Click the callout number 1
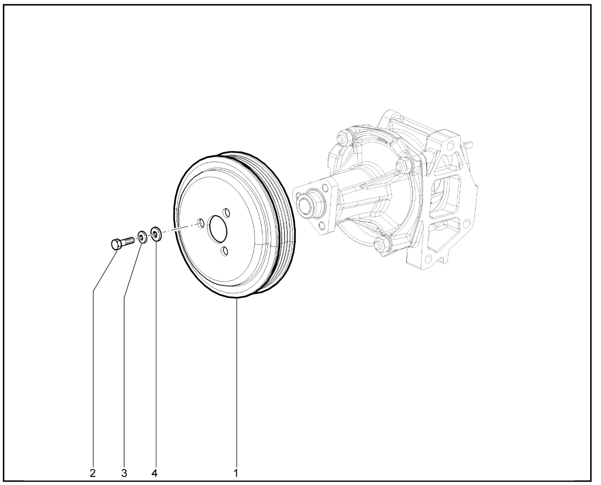tap(236, 473)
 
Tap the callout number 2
tap(93, 473)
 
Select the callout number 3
tap(124, 473)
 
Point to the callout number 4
tap(154, 473)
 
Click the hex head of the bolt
tap(116, 244)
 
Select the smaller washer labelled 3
tap(142, 237)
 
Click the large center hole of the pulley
tap(218, 229)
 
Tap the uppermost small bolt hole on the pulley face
tap(226, 213)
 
